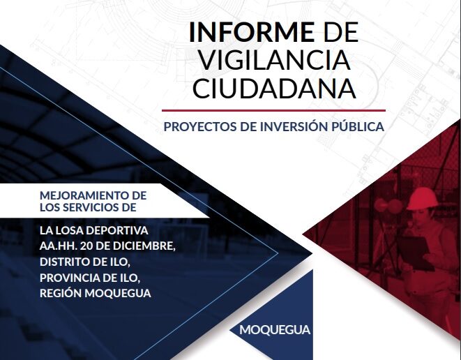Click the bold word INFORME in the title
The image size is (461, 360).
[x=252, y=32]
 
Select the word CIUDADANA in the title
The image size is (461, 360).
[x=274, y=88]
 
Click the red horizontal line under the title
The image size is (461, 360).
[x=273, y=111]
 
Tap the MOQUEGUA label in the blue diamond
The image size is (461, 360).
[x=275, y=330]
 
